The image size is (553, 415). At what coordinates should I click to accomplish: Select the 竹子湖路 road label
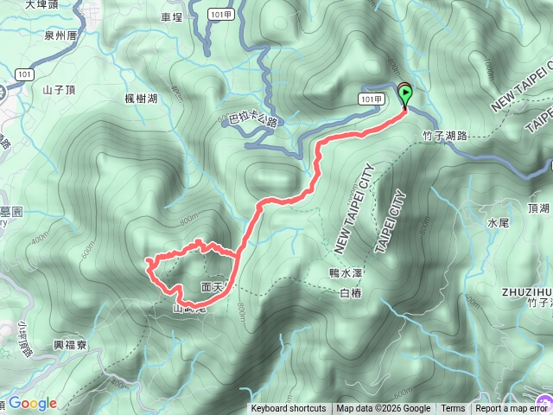(x=446, y=136)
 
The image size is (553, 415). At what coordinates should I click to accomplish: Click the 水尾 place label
(x=499, y=223)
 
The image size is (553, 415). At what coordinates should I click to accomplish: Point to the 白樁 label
(x=351, y=294)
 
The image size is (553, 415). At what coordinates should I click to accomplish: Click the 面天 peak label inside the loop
(x=212, y=284)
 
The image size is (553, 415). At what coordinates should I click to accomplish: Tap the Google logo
(x=33, y=403)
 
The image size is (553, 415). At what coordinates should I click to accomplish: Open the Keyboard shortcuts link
(x=289, y=409)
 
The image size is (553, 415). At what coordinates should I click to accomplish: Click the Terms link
(x=453, y=409)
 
